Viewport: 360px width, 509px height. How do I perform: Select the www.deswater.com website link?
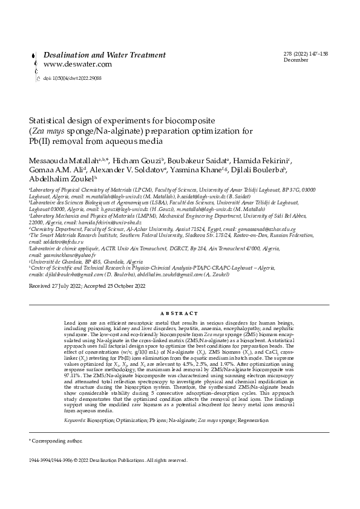77,64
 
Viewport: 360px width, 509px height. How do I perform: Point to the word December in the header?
296,60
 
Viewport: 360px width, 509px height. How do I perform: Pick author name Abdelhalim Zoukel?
61,180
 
